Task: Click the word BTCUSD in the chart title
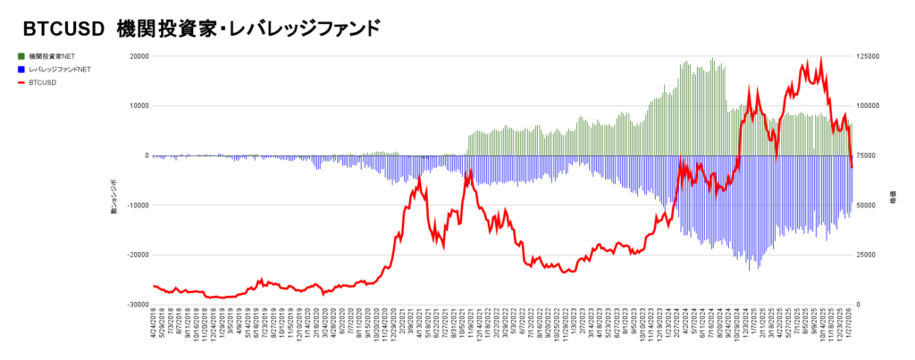pos(60,29)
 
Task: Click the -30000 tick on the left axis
pos(136,305)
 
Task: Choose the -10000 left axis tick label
pos(136,205)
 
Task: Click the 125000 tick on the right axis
pos(869,56)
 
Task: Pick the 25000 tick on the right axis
pos(867,255)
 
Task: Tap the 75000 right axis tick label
pos(867,155)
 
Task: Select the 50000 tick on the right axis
pos(867,205)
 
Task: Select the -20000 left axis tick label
pos(136,255)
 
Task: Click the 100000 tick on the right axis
pos(869,106)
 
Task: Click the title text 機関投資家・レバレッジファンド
pos(249,29)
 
